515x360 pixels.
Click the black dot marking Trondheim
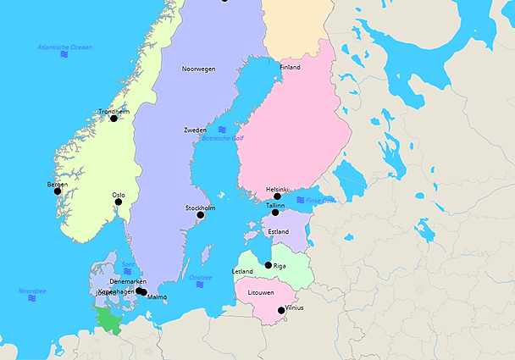pos(114,119)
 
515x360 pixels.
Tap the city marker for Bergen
pos(58,191)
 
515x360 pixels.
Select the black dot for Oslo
pos(118,203)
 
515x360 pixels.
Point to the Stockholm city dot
pos(201,215)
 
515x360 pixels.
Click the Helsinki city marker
pos(277,197)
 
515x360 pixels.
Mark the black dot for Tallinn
pos(274,213)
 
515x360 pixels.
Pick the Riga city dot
pos(269,265)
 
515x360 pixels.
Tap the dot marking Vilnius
pos(281,311)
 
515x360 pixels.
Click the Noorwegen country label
pos(198,69)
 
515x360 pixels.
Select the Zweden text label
pos(195,130)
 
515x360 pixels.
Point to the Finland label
pos(290,67)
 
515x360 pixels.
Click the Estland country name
pos(278,231)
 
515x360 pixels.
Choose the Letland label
pos(242,271)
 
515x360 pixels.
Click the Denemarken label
pos(128,281)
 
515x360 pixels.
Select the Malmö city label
pos(157,297)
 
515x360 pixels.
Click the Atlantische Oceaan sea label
pos(65,47)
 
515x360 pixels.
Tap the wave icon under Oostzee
pos(200,285)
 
